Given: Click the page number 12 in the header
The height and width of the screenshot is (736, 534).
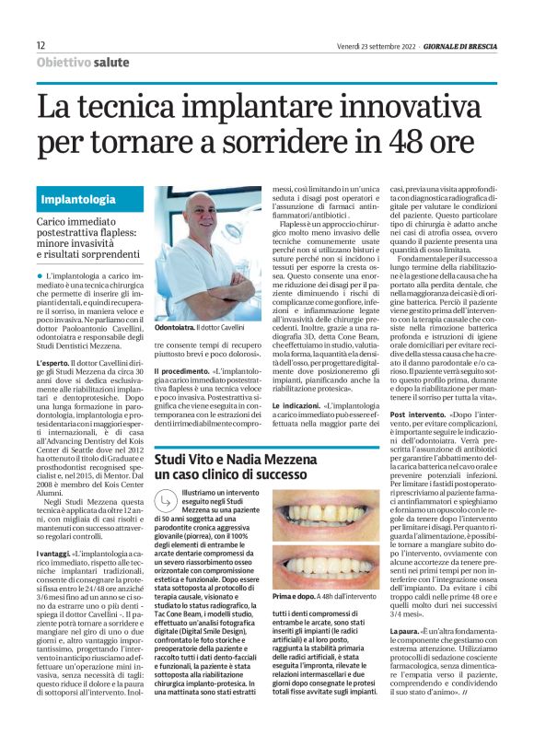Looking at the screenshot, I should (41, 45).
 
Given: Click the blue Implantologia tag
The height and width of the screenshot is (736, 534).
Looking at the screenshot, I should (78, 199).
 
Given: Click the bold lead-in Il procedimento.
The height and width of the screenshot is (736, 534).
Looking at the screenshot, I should (183, 369).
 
